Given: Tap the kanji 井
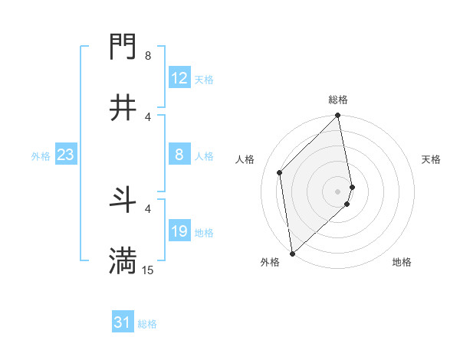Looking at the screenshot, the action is [x=123, y=109].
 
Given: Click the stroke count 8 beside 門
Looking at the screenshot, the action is [x=148, y=56].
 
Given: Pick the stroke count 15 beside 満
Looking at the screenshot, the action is [x=148, y=270].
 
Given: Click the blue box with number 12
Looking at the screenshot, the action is [x=179, y=78].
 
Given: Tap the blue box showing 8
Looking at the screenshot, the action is [x=179, y=155].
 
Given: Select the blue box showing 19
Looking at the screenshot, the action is [x=179, y=231].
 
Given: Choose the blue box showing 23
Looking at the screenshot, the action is [x=66, y=155].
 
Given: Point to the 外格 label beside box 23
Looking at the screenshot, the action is [x=41, y=155].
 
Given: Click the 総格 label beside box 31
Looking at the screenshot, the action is [x=147, y=324].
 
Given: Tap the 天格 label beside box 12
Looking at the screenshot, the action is [x=204, y=79].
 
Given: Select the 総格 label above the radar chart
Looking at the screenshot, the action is [x=338, y=100].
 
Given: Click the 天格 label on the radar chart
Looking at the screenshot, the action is [x=432, y=159].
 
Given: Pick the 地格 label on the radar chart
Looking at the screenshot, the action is [x=402, y=262].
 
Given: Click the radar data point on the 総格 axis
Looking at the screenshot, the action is [x=338, y=116].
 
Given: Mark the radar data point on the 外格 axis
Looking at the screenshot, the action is [x=291, y=253].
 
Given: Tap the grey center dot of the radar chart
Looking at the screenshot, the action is [x=338, y=191].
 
